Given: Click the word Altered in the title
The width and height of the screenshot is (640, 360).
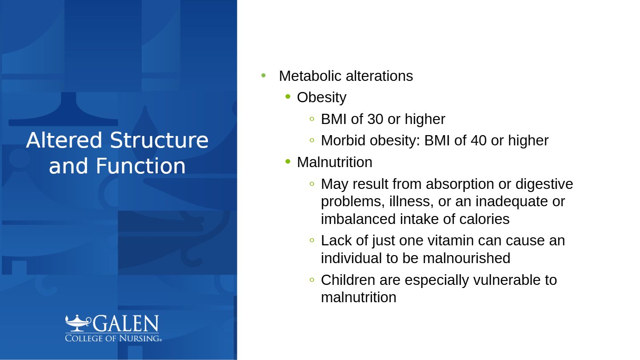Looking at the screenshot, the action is click(64, 140).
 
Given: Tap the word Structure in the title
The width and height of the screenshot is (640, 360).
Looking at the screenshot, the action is click(159, 140).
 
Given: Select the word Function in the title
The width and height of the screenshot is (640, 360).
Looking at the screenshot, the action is click(140, 166).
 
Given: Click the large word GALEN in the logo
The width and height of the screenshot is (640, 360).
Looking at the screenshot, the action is click(126, 324).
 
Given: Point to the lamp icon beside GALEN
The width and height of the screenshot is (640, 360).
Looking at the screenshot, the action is click(78, 323).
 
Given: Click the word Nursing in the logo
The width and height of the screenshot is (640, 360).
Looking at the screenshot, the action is click(140, 338).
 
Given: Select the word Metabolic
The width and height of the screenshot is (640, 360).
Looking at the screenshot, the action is click(310, 76).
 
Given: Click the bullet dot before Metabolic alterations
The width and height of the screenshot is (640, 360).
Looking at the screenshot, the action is click(264, 76).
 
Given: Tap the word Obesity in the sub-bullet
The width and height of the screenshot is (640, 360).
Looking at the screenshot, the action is click(322, 98).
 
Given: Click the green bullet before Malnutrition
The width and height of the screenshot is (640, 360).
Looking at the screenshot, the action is click(288, 162).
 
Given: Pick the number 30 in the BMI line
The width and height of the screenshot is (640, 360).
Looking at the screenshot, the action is click(375, 119).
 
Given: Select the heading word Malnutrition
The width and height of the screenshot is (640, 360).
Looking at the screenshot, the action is click(335, 162).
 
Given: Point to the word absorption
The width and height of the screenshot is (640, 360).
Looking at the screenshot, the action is click(460, 184).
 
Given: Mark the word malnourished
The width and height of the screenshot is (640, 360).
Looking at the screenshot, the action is click(466, 258).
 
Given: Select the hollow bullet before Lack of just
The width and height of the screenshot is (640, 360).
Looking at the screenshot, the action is click(312, 240).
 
